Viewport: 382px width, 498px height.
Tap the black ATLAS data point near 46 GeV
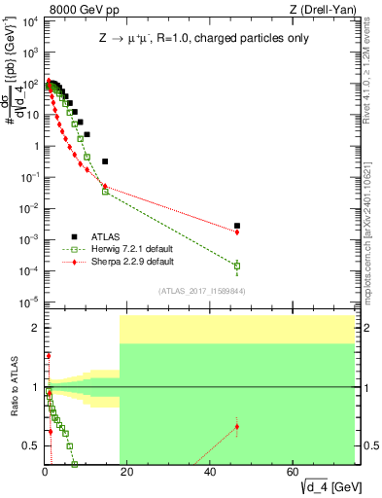[237, 226]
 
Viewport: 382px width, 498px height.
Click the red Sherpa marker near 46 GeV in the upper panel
[237, 231]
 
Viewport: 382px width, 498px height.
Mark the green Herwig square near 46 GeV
[237, 266]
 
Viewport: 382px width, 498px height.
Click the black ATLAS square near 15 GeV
[105, 161]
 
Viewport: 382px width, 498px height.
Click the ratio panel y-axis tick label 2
[35, 328]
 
